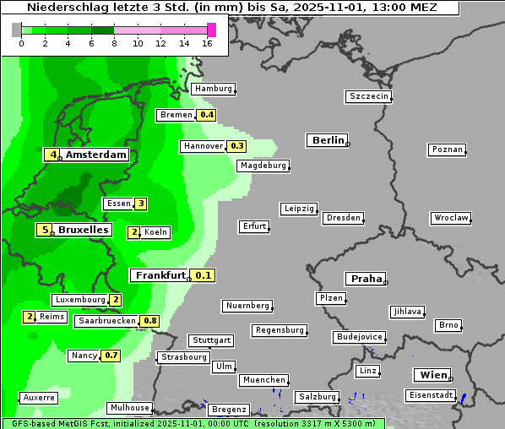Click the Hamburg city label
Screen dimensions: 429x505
213,89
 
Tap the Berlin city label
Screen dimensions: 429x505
329,140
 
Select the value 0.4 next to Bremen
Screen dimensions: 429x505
207,115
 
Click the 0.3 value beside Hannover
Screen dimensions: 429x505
237,146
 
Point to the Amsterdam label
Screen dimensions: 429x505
95,155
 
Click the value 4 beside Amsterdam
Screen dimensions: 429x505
52,155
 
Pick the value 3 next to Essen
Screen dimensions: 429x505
141,204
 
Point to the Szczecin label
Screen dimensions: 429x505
369,96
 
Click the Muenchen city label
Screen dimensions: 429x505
263,380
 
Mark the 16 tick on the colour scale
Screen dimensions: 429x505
208,43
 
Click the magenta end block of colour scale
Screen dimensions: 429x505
211,30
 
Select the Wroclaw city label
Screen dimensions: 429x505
451,218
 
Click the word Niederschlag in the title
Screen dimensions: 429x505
62,8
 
